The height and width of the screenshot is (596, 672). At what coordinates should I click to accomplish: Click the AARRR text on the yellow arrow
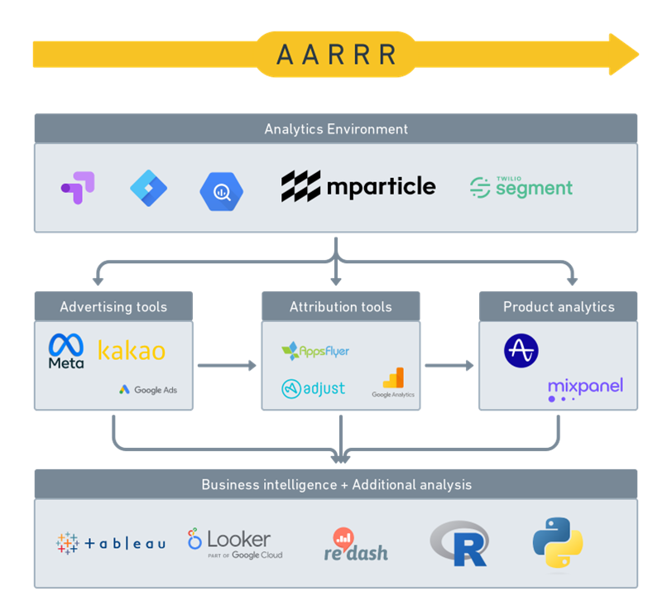tap(336, 55)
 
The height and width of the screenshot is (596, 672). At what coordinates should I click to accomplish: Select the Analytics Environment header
tap(336, 129)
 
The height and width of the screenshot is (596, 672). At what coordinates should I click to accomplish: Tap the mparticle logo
tap(358, 187)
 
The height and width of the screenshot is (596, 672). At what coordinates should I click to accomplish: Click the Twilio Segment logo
tap(521, 187)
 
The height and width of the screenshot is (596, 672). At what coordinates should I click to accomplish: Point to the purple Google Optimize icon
tap(78, 188)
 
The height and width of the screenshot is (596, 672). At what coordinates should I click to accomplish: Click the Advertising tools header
tap(113, 307)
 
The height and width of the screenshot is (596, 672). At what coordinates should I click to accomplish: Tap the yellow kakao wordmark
tap(132, 350)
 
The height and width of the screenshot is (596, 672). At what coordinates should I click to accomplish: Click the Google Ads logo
tap(148, 390)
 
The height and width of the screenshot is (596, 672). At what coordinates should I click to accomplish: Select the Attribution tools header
tap(341, 307)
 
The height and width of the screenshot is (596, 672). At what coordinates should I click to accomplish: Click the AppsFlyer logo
tap(315, 351)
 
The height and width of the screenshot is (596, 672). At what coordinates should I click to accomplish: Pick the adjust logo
tap(314, 388)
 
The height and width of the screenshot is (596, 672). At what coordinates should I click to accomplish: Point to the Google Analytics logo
tap(393, 383)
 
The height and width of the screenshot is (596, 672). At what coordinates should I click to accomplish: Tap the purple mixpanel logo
tap(585, 388)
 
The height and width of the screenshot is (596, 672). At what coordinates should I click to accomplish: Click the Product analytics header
tap(559, 307)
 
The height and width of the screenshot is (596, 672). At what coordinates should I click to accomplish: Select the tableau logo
tap(111, 543)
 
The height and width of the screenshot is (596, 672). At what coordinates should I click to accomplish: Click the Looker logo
tap(235, 543)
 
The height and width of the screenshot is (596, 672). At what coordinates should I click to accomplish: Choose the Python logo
tap(557, 543)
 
